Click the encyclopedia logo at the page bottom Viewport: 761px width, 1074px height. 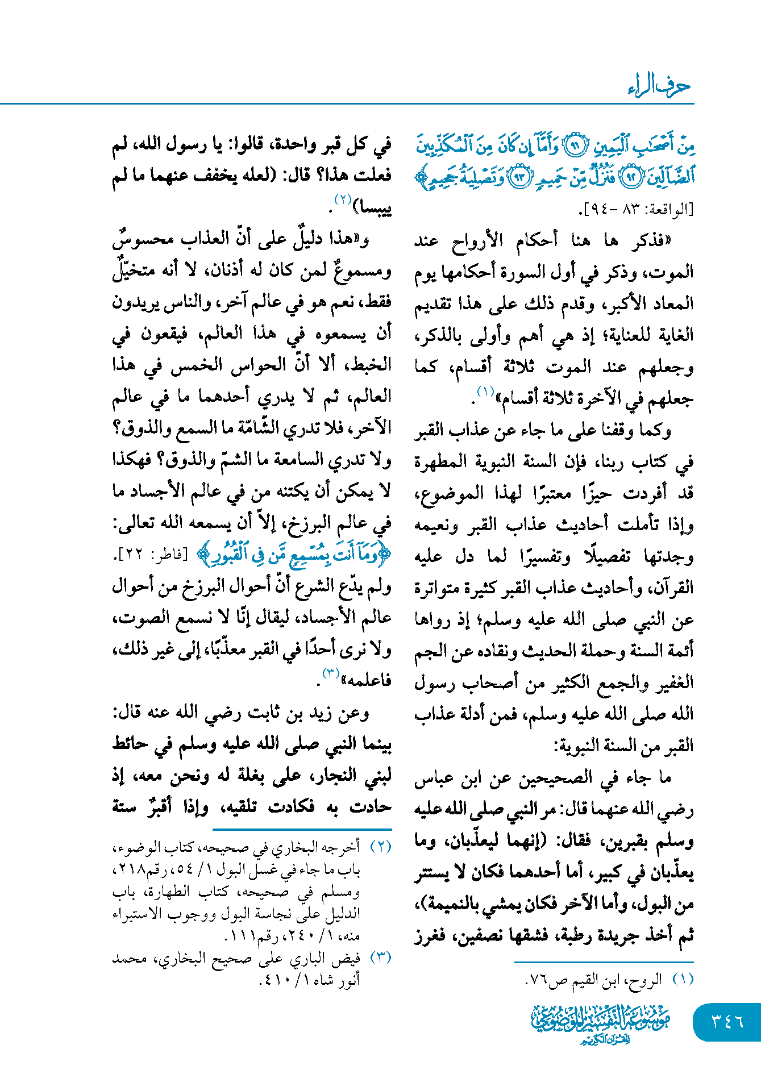tap(601, 1023)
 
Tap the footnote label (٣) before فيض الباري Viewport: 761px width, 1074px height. tap(381, 958)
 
